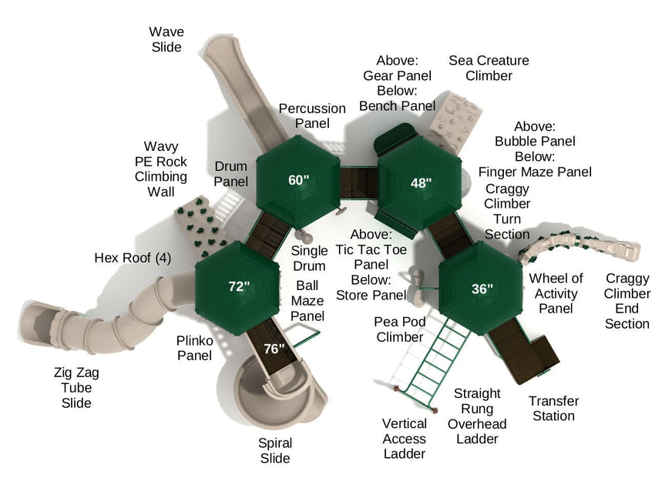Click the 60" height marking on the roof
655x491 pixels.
(x=299, y=180)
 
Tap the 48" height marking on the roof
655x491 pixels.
(x=421, y=182)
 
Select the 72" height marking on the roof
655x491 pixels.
(x=239, y=286)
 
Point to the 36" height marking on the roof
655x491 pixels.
(x=482, y=289)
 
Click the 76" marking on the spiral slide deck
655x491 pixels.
(x=274, y=349)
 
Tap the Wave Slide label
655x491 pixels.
(x=166, y=39)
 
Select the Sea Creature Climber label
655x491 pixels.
(x=489, y=68)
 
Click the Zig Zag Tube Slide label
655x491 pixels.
(x=76, y=388)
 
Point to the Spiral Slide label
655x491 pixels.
(x=275, y=450)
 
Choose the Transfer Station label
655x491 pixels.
(x=553, y=409)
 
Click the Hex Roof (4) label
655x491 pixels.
(x=133, y=258)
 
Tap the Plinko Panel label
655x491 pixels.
(x=195, y=348)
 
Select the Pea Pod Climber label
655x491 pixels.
(x=400, y=329)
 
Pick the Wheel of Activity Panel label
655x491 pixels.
(x=556, y=293)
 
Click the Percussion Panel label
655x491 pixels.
(x=312, y=115)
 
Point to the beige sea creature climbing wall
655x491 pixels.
(x=455, y=120)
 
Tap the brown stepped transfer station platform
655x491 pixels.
(x=525, y=352)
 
